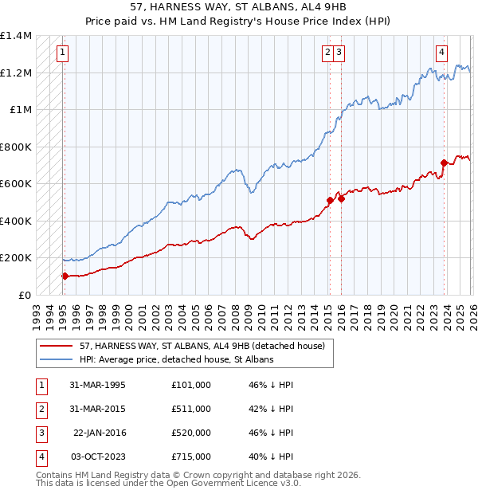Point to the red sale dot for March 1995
click(65, 276)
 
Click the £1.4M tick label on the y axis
click(16, 36)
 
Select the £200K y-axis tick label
click(16, 258)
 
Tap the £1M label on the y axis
click(22, 110)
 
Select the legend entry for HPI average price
click(176, 360)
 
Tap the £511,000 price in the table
click(190, 409)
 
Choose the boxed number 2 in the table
click(40, 409)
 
